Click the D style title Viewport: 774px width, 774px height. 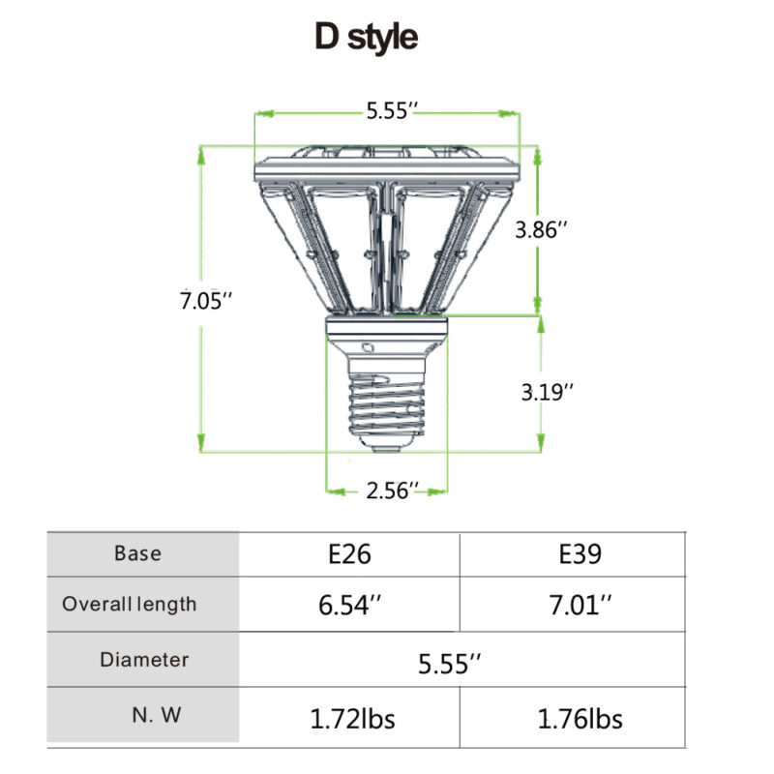tap(366, 37)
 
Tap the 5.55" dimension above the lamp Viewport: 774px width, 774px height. tap(391, 112)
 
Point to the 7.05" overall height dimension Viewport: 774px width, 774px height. tap(206, 301)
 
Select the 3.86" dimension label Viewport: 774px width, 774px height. tap(543, 230)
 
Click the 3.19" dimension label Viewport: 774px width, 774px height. tap(548, 392)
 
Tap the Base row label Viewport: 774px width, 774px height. tap(138, 554)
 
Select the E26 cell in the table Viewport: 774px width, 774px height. tap(349, 554)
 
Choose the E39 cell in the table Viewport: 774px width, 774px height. tap(580, 554)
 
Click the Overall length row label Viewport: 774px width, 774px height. tap(130, 605)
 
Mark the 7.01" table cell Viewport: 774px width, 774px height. tap(580, 606)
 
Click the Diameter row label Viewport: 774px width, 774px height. tap(144, 660)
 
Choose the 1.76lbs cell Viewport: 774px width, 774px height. tap(580, 719)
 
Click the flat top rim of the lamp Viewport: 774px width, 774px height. tap(386, 173)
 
